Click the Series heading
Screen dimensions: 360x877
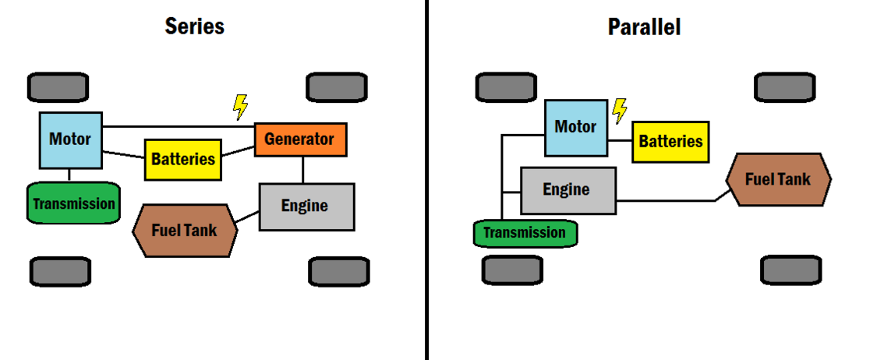coord(194,26)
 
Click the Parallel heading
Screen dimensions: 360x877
coord(644,27)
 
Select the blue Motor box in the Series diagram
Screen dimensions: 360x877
coord(70,140)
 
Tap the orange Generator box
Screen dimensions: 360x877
coord(300,139)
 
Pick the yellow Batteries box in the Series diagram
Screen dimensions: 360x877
coord(182,159)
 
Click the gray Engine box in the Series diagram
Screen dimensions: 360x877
coord(306,206)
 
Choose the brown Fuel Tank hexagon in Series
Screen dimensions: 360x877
coord(185,231)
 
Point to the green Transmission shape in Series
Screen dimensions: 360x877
coord(74,203)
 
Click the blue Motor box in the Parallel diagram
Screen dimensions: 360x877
coord(575,127)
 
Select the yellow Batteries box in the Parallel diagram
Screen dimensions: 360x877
coord(670,141)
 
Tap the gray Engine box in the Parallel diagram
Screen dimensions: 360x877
coord(568,190)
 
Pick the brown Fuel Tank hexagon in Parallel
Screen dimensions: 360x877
coord(777,179)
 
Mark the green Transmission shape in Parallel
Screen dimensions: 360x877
coord(525,233)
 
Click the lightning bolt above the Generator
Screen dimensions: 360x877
coord(241,106)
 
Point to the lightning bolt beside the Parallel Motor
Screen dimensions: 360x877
coord(619,111)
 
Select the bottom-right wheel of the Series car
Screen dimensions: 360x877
coord(338,271)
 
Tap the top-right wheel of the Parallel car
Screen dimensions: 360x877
coord(785,87)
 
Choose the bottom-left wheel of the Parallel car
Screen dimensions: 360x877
coord(511,270)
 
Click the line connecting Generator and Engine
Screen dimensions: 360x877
coord(302,169)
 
